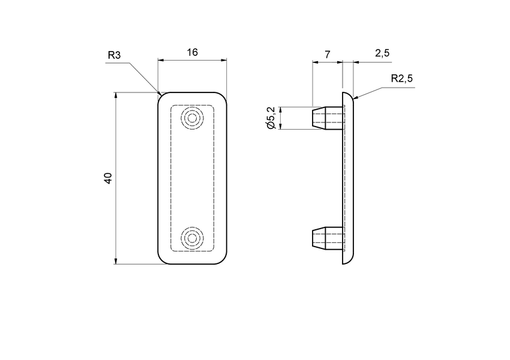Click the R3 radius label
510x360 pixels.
click(x=114, y=55)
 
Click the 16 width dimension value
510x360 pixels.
click(x=192, y=52)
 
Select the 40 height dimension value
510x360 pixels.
click(x=108, y=178)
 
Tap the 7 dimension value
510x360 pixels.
click(x=327, y=54)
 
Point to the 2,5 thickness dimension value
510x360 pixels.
click(x=382, y=53)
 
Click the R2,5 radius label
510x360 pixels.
click(x=402, y=78)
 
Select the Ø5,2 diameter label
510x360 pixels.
click(x=271, y=118)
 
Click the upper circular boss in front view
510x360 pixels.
click(x=193, y=118)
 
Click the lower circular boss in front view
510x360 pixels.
click(x=193, y=238)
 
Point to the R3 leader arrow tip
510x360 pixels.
click(x=160, y=94)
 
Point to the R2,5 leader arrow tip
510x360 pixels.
click(x=355, y=98)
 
